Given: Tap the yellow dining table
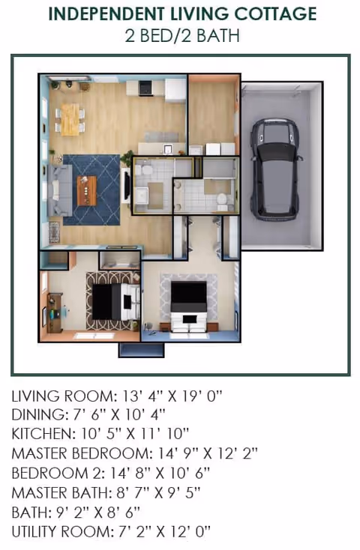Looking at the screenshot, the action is click(x=70, y=119).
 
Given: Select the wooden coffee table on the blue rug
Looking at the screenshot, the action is click(x=87, y=191).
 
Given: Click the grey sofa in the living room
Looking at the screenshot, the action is click(x=60, y=190).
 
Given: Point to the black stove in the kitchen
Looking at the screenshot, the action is click(x=145, y=88).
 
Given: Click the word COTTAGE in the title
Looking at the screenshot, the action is click(x=275, y=14).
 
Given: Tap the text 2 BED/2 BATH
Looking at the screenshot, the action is click(x=182, y=36).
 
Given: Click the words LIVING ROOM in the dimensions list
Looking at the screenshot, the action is click(x=63, y=396).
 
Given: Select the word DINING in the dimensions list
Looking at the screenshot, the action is click(x=38, y=415).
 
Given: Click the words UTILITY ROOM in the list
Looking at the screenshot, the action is click(x=61, y=532).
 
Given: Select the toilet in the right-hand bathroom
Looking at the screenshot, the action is click(x=222, y=201).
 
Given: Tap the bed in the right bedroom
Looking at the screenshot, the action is click(x=188, y=306).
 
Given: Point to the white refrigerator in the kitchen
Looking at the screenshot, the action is click(x=175, y=91).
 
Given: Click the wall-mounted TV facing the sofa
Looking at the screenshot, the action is click(x=126, y=185).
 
